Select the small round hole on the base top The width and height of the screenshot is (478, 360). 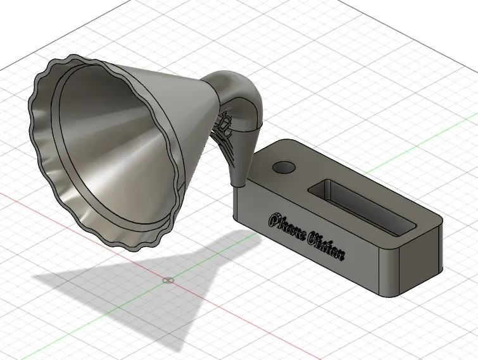pyautogui.click(x=284, y=168)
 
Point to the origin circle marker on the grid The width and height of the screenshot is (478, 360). pyautogui.click(x=168, y=280)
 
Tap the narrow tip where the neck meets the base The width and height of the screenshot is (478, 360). pyautogui.click(x=239, y=180)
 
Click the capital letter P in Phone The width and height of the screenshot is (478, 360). pyautogui.click(x=275, y=220)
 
